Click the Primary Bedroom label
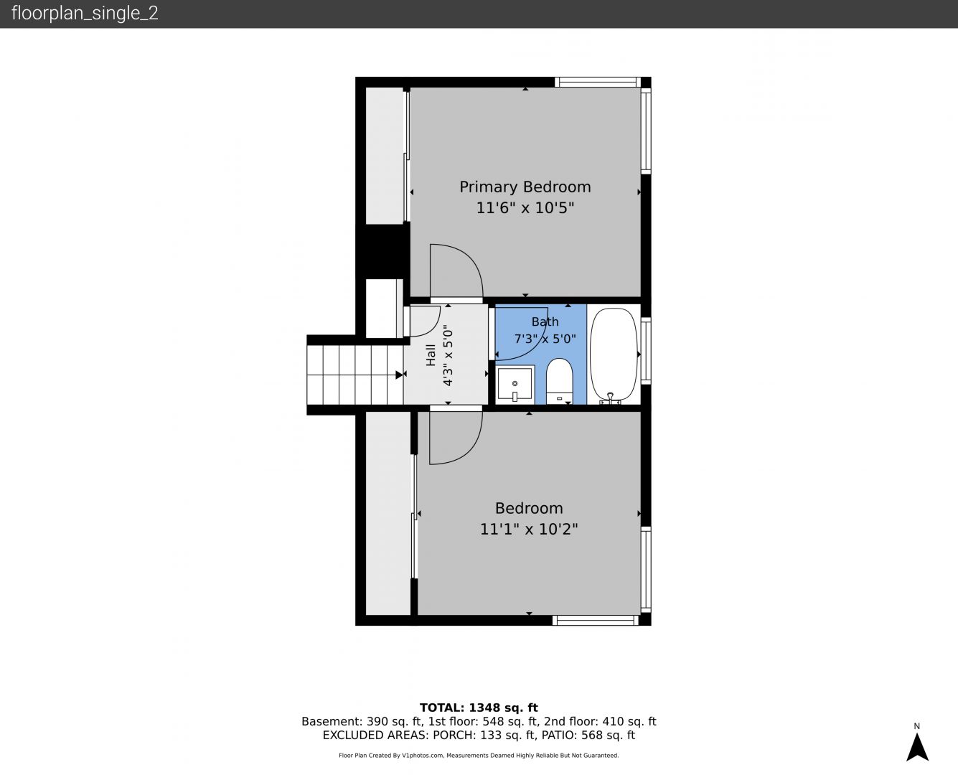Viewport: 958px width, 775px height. point(525,187)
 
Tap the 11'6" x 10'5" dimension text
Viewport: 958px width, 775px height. point(525,208)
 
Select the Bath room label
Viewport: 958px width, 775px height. point(545,321)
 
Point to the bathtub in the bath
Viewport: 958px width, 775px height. point(614,355)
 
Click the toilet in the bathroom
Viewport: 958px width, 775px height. point(560,381)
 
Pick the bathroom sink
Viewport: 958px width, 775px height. point(515,384)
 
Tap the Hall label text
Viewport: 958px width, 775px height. point(431,355)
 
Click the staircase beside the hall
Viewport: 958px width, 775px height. point(355,375)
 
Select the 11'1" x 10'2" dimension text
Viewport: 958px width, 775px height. point(529,529)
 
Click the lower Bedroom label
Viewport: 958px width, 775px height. point(529,508)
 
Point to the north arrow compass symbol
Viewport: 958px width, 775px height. point(917,747)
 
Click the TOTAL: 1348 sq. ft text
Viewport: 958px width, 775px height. point(479,708)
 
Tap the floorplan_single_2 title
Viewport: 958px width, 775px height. point(85,13)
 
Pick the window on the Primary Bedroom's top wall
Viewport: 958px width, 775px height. point(597,82)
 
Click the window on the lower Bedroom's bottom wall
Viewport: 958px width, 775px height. point(595,620)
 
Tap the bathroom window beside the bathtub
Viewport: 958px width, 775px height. point(646,351)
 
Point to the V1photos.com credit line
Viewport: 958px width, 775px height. point(479,755)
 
